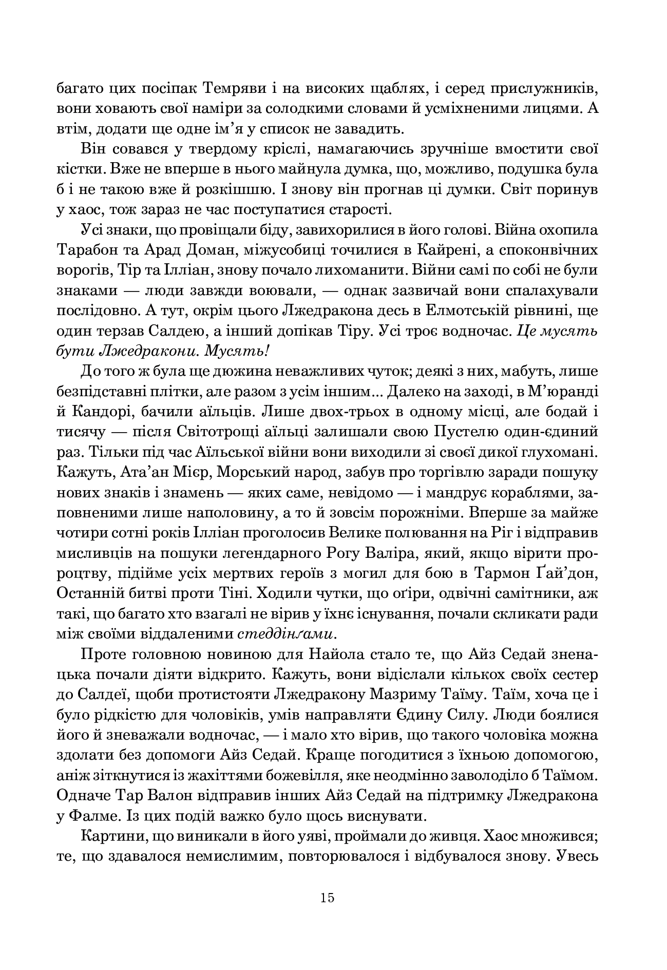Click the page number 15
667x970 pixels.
point(327,898)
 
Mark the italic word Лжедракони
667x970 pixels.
point(145,351)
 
